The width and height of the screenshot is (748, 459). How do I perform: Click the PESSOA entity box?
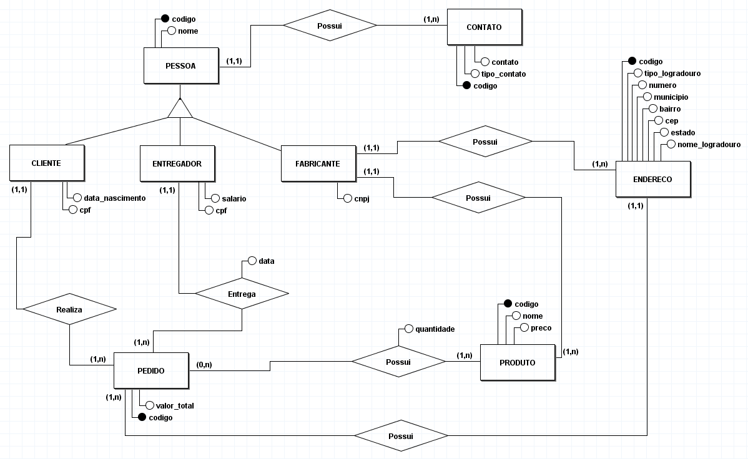pyautogui.click(x=181, y=65)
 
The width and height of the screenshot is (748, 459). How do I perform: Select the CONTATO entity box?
pyautogui.click(x=485, y=27)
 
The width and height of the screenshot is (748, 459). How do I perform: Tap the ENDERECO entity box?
pyautogui.click(x=653, y=179)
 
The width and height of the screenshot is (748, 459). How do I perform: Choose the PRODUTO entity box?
pyautogui.click(x=518, y=363)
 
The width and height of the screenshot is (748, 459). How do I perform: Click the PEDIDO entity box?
pyautogui.click(x=151, y=371)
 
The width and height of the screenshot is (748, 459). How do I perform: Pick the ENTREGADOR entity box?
pyautogui.click(x=177, y=164)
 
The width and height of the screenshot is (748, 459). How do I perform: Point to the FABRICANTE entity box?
pyautogui.click(x=318, y=164)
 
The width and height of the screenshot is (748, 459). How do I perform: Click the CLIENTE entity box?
pyautogui.click(x=47, y=163)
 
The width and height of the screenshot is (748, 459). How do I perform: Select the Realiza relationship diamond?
pyautogui.click(x=70, y=309)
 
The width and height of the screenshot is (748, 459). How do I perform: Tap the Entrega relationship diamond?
pyautogui.click(x=242, y=294)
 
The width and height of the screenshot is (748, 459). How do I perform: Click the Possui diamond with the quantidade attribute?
pyautogui.click(x=398, y=362)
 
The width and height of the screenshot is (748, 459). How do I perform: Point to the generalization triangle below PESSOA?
pyautogui.click(x=180, y=108)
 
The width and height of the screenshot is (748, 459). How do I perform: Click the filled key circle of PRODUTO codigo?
pyautogui.click(x=508, y=304)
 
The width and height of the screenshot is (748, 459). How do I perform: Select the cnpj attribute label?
pyautogui.click(x=362, y=199)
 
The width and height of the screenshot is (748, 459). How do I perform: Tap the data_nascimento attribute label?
pyautogui.click(x=114, y=198)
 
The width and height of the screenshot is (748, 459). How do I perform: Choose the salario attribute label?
pyautogui.click(x=234, y=198)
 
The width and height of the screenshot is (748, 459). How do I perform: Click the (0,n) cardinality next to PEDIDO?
pyautogui.click(x=204, y=365)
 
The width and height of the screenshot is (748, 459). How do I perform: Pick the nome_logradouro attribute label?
pyautogui.click(x=709, y=145)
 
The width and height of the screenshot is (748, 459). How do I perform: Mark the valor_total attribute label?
pyautogui.click(x=175, y=405)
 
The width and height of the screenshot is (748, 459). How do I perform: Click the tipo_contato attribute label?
pyautogui.click(x=503, y=74)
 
